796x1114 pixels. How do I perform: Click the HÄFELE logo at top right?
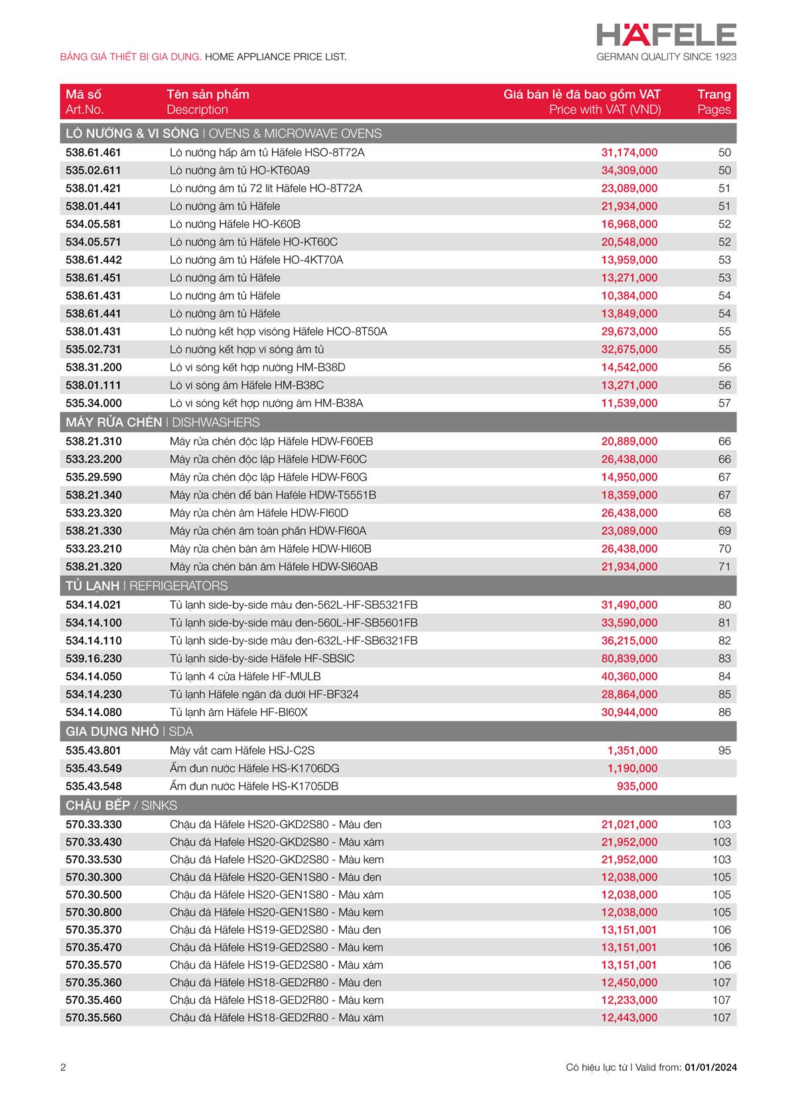(666, 34)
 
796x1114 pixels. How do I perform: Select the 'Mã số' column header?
(84, 94)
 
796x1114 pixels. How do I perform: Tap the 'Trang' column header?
(714, 94)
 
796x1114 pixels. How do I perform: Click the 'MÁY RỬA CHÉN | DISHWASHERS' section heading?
(163, 422)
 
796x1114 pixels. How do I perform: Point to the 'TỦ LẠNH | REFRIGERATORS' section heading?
(147, 586)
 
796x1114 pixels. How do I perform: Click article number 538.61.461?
(94, 153)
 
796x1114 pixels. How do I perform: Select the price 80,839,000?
(629, 658)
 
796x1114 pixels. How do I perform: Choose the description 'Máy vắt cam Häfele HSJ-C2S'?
(242, 751)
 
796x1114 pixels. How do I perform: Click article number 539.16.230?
(94, 658)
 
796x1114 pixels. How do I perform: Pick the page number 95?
(724, 751)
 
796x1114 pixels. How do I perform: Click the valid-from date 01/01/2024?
(710, 1068)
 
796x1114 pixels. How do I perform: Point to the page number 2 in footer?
(63, 1068)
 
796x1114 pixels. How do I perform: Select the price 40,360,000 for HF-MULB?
(629, 676)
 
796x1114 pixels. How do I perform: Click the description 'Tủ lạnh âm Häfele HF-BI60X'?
(239, 712)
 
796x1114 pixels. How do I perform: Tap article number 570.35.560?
(94, 1018)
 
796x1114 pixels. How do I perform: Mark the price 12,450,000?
(629, 983)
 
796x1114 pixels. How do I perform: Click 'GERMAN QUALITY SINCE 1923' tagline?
(666, 57)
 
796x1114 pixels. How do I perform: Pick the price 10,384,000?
(629, 296)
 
